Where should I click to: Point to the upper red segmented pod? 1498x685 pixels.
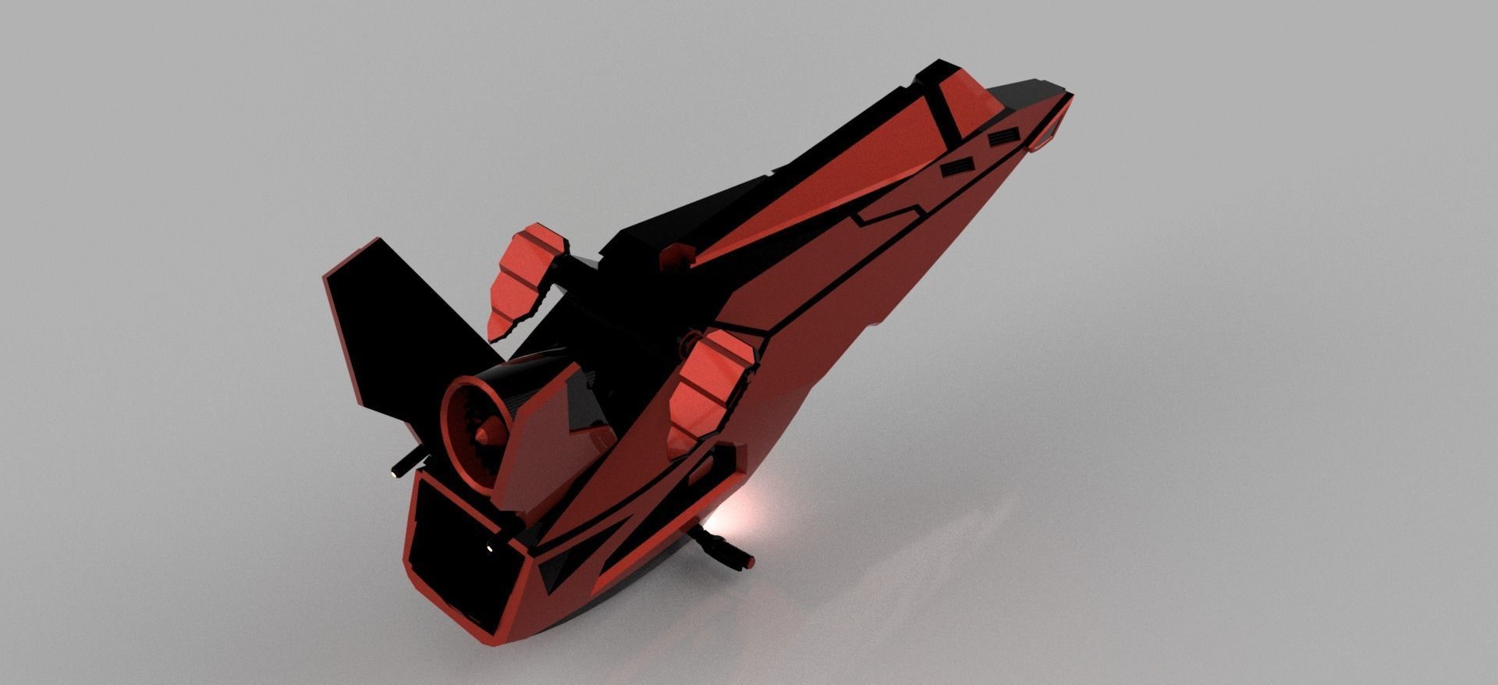click(523, 273)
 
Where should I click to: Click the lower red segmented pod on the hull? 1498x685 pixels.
click(706, 390)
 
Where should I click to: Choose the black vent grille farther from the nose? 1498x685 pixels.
click(957, 166)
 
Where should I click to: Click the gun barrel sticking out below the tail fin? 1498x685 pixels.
click(405, 463)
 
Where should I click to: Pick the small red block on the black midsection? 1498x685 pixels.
click(676, 256)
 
